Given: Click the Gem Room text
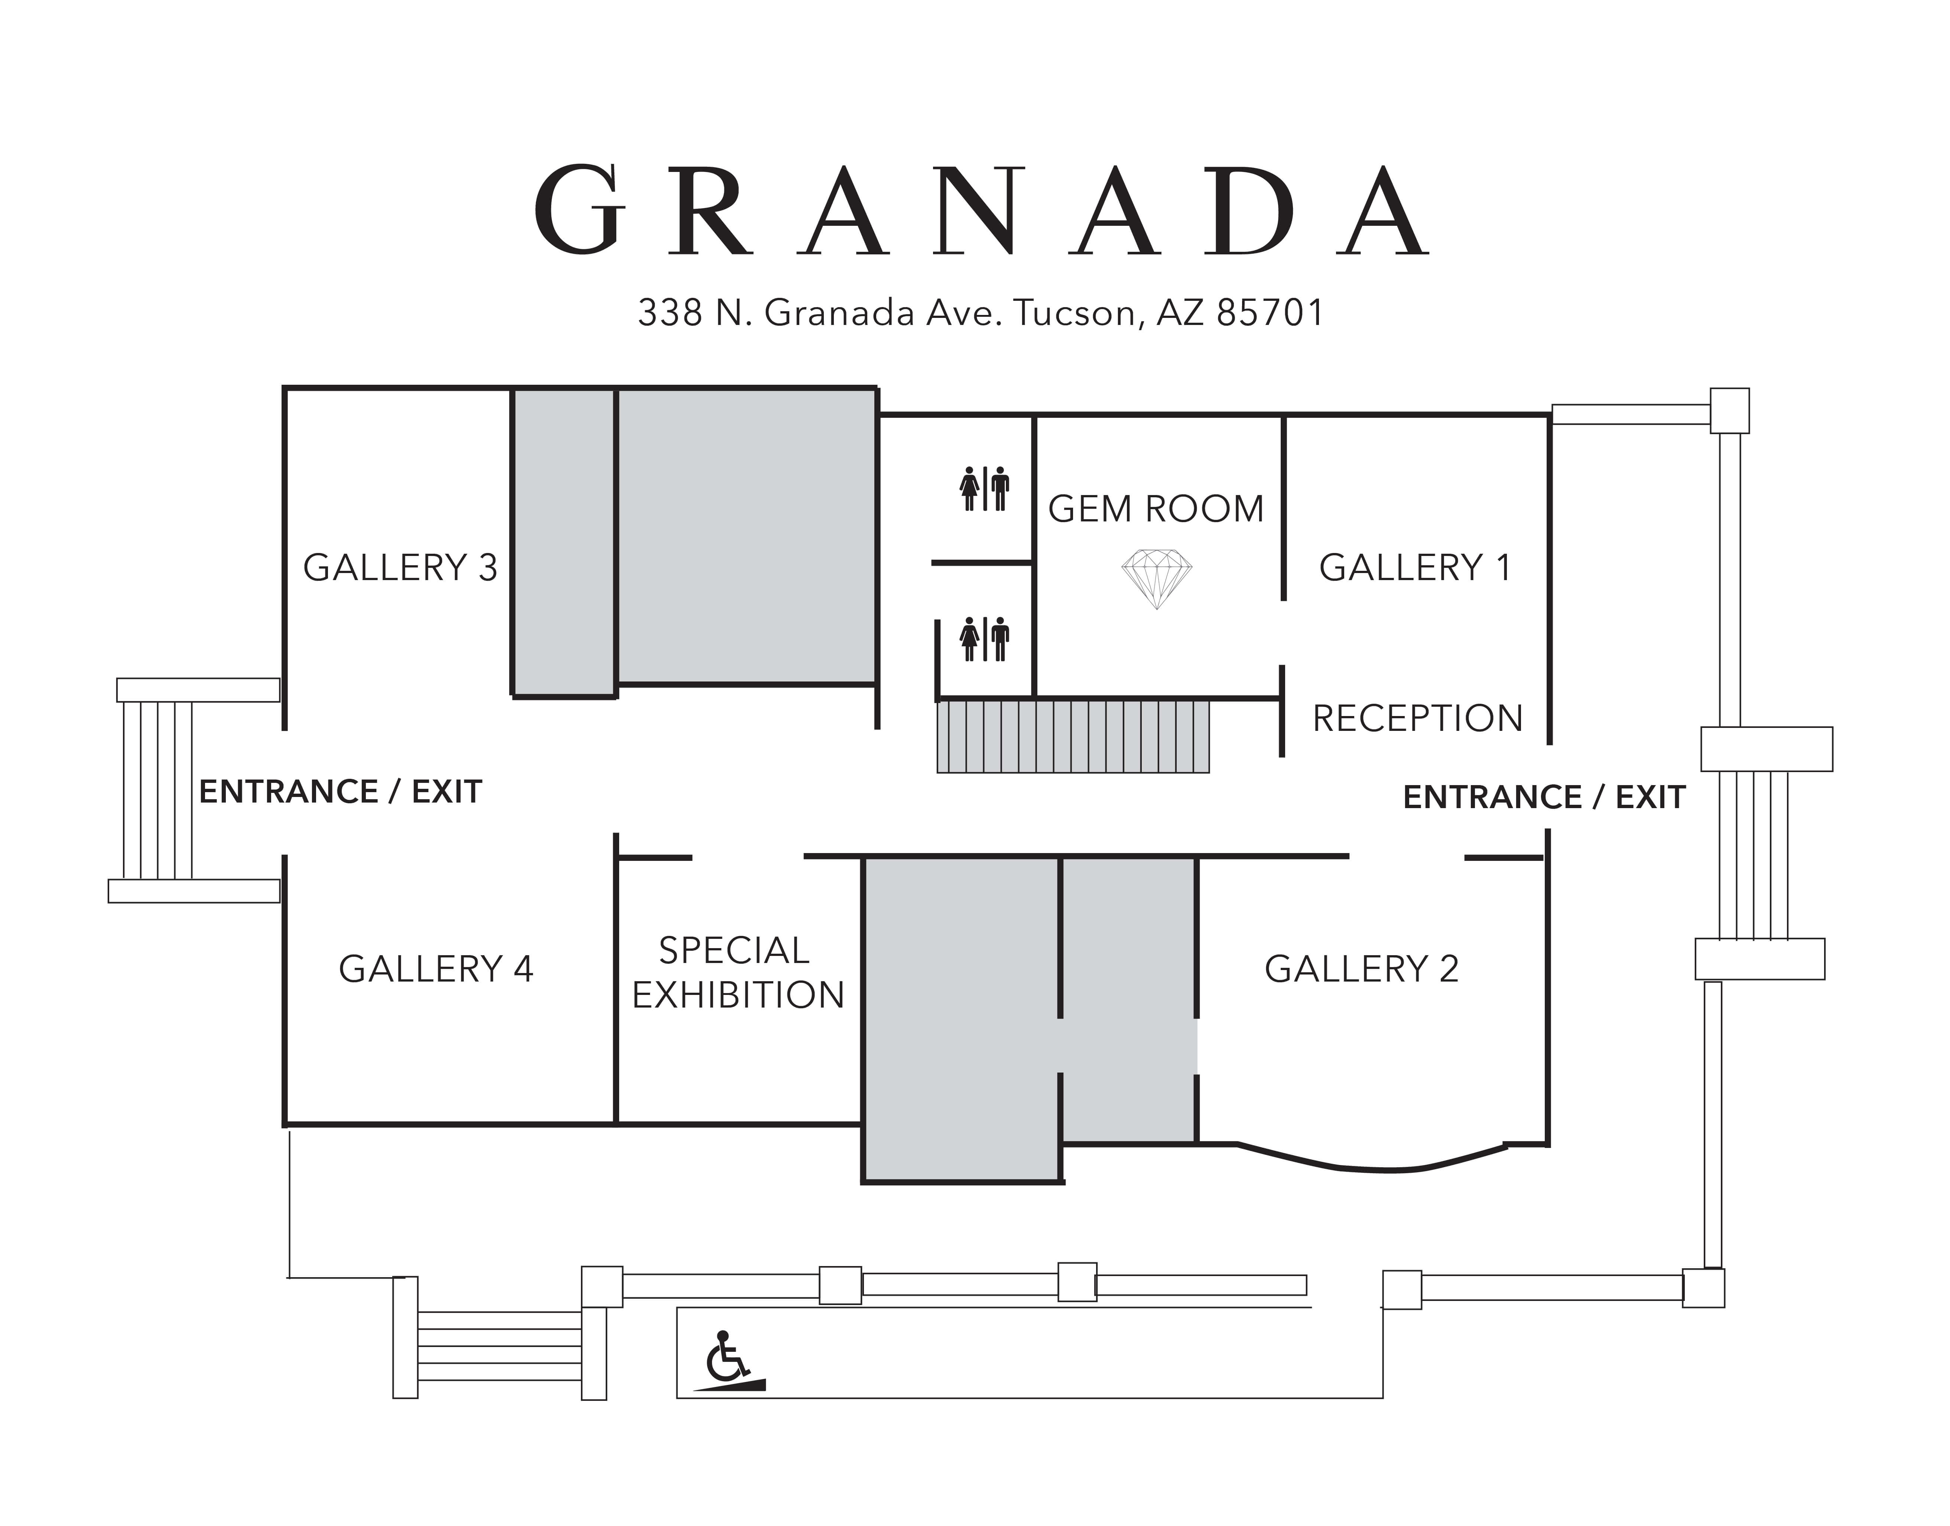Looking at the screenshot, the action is click(1156, 509).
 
